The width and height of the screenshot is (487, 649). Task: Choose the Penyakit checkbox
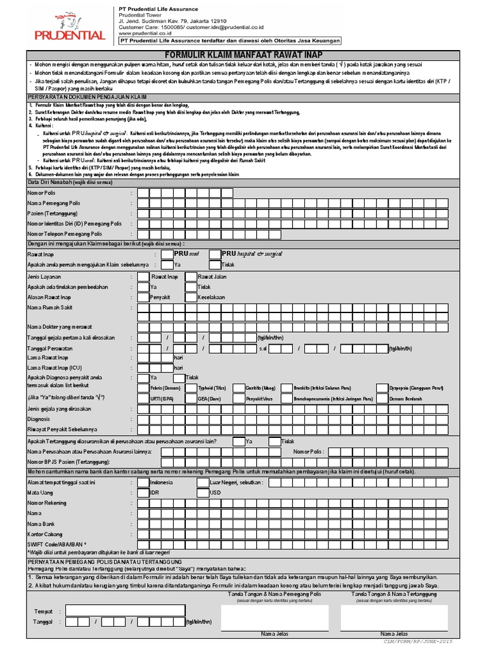click(x=143, y=297)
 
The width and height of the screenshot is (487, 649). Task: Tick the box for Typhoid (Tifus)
click(x=191, y=387)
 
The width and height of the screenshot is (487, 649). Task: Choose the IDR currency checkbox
click(x=143, y=492)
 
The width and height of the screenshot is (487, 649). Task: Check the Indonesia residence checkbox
click(x=143, y=482)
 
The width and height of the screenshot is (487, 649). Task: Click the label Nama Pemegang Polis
click(x=53, y=203)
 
